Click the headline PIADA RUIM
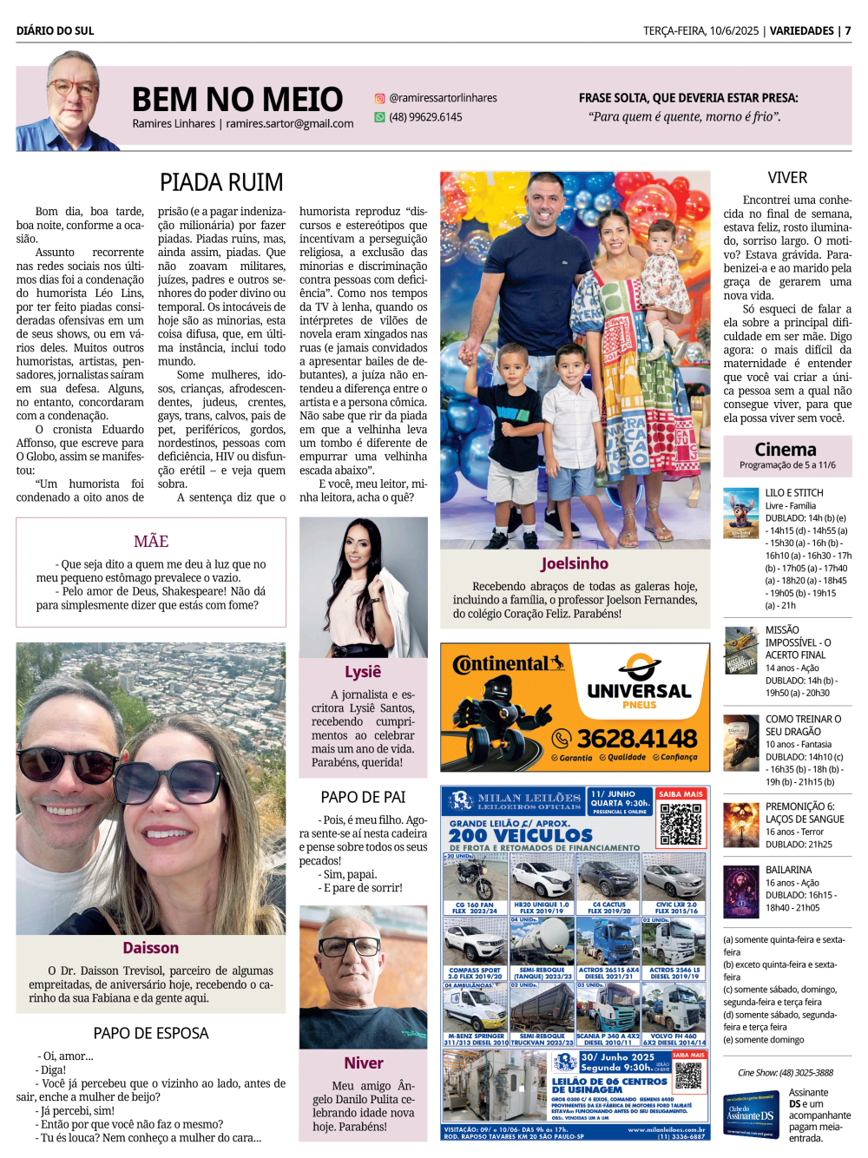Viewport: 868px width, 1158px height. tap(221, 182)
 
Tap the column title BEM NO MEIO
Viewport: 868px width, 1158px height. tap(237, 100)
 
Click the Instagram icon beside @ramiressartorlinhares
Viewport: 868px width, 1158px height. tap(379, 99)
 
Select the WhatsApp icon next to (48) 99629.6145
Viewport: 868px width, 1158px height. tap(379, 117)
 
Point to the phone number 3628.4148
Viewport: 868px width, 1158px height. tap(637, 739)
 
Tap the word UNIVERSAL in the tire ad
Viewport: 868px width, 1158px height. tap(639, 691)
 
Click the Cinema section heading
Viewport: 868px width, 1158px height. tap(786, 450)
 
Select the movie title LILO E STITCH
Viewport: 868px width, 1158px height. tap(794, 493)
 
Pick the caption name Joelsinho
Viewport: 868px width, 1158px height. tap(575, 563)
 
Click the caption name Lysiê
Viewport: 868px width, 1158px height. tap(363, 672)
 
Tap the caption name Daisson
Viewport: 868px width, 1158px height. tap(151, 948)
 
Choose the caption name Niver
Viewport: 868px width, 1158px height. tap(363, 1063)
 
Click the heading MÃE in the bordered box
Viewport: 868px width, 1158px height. tap(151, 542)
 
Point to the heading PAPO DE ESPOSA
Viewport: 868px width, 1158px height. tap(151, 1033)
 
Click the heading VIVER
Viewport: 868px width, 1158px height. tap(787, 178)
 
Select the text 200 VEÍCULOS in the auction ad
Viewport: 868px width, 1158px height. tap(508, 835)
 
